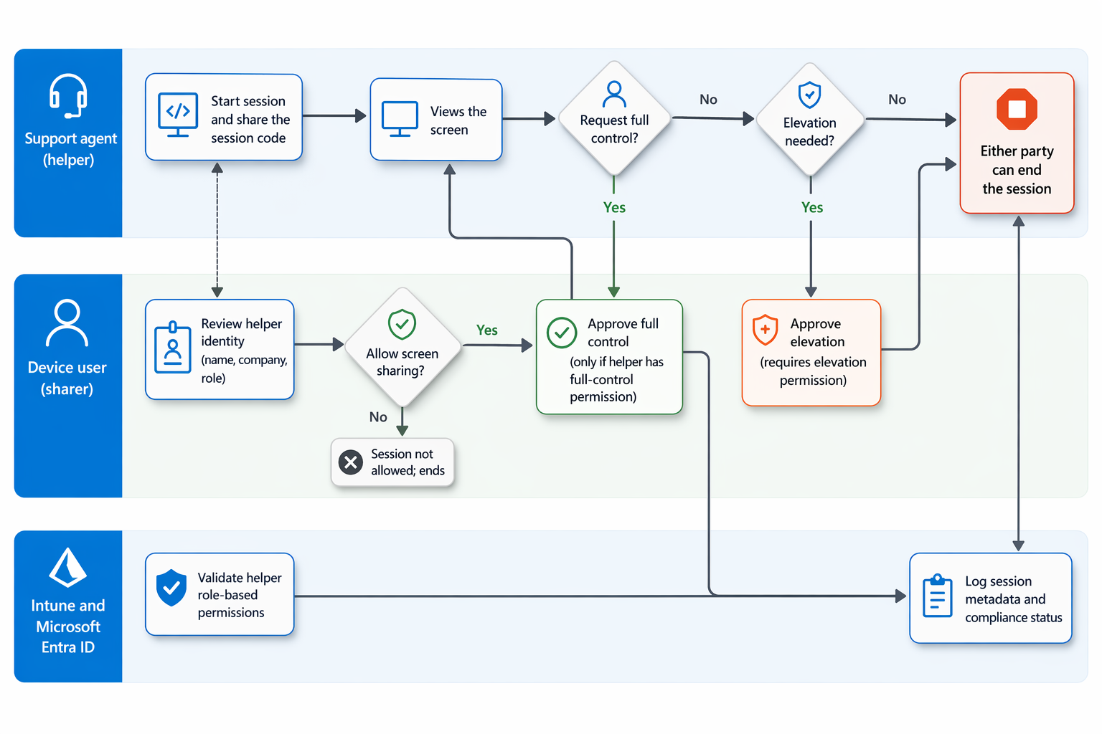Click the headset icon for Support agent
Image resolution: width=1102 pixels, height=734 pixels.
coord(68,96)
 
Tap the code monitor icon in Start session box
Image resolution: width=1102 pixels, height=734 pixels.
coord(178,115)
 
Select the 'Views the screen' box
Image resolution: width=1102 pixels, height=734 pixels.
coord(436,120)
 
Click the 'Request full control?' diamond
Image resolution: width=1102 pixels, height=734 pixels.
coord(614,118)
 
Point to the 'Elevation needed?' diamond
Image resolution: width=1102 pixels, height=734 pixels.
coord(810,119)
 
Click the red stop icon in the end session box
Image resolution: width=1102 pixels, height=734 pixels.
coord(1017,109)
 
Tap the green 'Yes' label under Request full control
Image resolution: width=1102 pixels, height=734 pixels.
coord(614,207)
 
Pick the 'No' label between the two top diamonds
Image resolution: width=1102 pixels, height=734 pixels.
coord(708,100)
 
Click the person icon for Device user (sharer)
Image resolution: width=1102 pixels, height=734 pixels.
coord(67,323)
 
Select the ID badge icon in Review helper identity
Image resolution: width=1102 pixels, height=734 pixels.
coord(173,348)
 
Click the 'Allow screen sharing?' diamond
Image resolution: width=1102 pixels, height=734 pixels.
coord(402,347)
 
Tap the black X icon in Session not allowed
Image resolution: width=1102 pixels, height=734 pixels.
coord(351,462)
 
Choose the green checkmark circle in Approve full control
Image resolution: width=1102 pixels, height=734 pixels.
coord(562,333)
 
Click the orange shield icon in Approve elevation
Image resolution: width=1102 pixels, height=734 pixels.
coord(765,330)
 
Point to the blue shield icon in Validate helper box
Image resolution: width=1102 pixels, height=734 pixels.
coord(171,588)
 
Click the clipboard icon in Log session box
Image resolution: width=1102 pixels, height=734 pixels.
coord(937,596)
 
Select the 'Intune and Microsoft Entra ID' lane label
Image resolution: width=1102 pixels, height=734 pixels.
coord(68,626)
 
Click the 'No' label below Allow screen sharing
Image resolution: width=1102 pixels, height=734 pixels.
coord(378,417)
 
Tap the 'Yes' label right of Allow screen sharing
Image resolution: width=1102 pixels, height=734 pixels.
coord(487,330)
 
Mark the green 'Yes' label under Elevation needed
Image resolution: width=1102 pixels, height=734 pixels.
coord(812,207)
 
